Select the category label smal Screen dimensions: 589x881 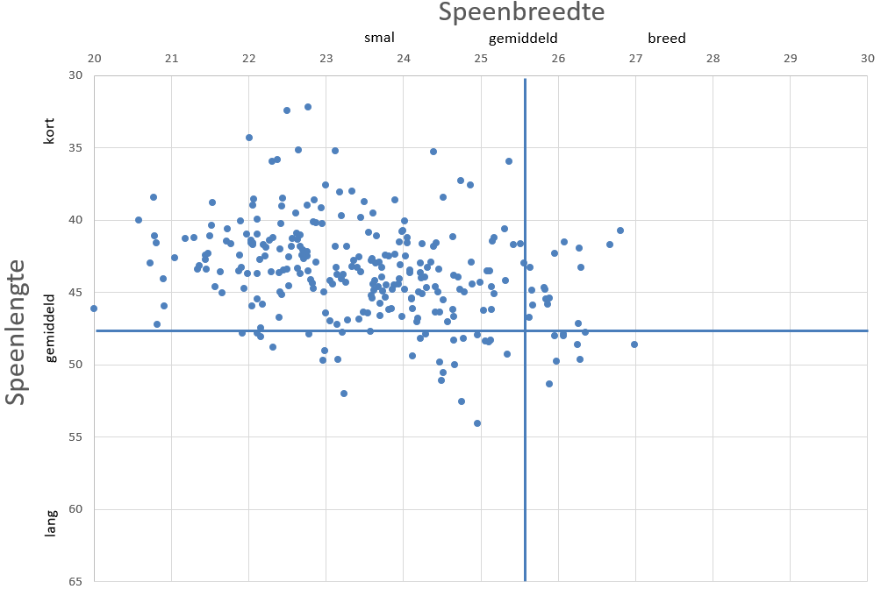(x=380, y=38)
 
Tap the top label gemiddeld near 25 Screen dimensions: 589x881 (x=523, y=39)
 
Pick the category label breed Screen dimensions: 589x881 (x=667, y=39)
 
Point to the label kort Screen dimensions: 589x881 (x=50, y=131)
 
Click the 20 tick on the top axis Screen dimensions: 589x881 (x=94, y=59)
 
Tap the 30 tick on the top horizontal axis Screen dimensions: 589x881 (x=867, y=59)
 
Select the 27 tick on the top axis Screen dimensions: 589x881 (x=635, y=59)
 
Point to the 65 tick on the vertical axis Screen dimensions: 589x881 (x=75, y=581)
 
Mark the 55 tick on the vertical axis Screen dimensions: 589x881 (x=75, y=436)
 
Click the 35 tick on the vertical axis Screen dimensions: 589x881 (x=75, y=147)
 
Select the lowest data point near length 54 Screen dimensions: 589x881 (x=477, y=423)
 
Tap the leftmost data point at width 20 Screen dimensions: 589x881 (x=94, y=309)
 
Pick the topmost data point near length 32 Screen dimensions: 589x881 (x=308, y=107)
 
